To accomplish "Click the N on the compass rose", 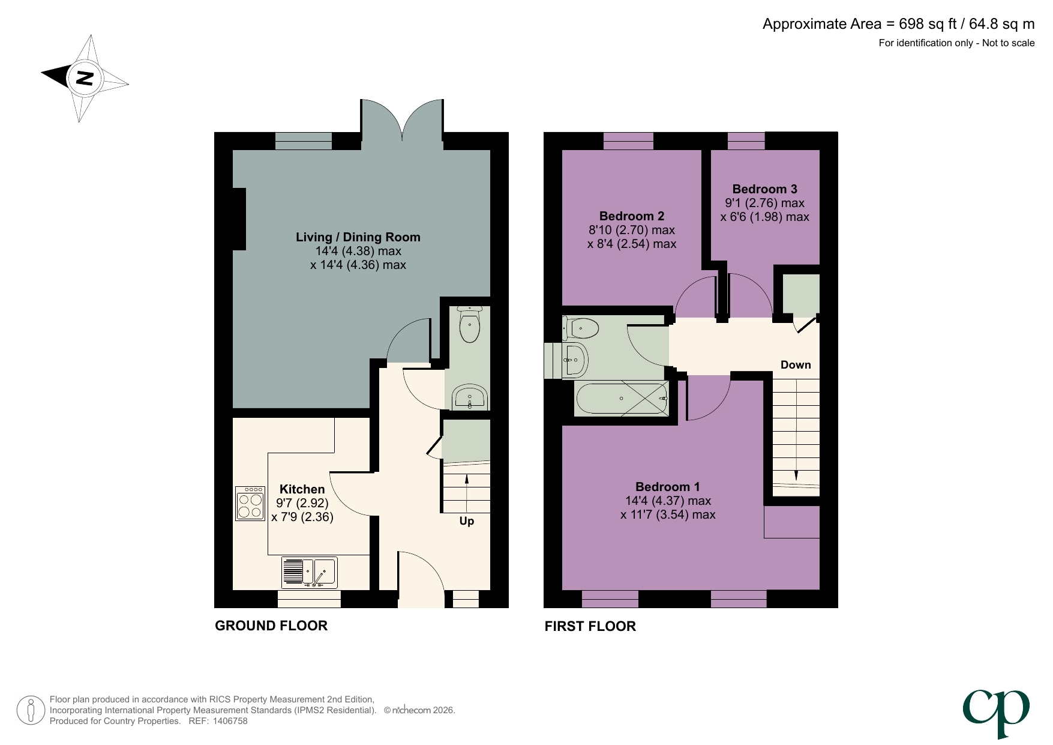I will [85, 77].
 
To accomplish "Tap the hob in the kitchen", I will [250, 503].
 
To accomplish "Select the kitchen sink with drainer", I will [309, 572].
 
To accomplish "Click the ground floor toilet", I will [469, 325].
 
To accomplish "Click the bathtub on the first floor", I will [621, 398].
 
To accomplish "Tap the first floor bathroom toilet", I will [582, 328].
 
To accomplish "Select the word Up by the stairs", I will [466, 520].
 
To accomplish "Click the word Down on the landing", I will [795, 365].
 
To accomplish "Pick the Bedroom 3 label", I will [764, 189].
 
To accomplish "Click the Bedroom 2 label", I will [631, 216].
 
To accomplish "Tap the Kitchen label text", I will [302, 489].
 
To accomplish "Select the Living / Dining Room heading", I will [358, 237].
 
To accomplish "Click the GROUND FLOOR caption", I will [271, 626].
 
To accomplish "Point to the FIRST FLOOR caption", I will [590, 626].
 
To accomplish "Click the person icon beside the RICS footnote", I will [31, 710].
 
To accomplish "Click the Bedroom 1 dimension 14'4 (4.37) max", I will [667, 501].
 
